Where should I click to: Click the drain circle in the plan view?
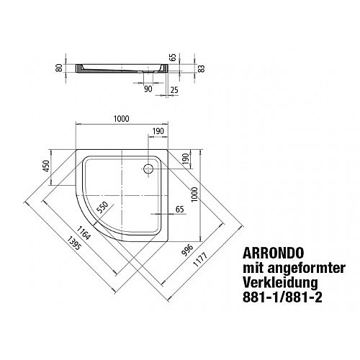(x=148, y=168)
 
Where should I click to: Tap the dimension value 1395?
(x=74, y=243)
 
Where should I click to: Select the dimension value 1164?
(x=84, y=233)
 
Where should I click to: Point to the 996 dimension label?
(x=187, y=251)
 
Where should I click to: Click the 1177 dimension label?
(x=200, y=259)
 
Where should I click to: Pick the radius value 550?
(x=102, y=207)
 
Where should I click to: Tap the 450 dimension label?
(x=46, y=166)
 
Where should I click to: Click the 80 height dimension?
(x=59, y=68)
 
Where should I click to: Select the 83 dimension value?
(x=202, y=68)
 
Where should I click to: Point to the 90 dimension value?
(x=148, y=89)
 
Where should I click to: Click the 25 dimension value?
(x=174, y=90)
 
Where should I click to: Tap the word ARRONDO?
(x=274, y=253)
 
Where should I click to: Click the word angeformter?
(x=307, y=269)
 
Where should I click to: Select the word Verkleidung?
(x=280, y=283)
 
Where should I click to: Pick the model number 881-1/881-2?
(x=282, y=297)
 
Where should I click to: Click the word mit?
(x=253, y=268)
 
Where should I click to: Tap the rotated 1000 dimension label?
(x=194, y=194)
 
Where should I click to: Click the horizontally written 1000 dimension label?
(x=122, y=119)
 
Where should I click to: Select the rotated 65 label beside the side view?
(x=173, y=57)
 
